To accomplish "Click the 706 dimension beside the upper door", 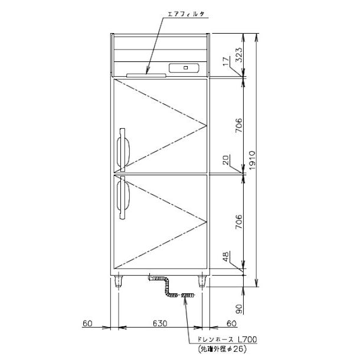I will click(x=238, y=126).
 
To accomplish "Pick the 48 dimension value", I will click(x=227, y=258).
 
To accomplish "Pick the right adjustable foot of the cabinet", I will click(x=201, y=280).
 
